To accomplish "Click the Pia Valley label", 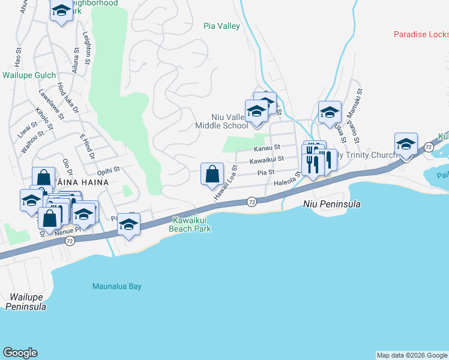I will click(x=221, y=26).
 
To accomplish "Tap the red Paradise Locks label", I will click(x=421, y=34).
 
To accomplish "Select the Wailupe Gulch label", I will click(x=29, y=76).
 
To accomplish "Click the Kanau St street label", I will click(x=267, y=148).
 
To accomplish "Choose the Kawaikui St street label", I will click(x=267, y=160).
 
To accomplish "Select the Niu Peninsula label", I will click(x=331, y=204).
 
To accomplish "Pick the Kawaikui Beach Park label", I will click(x=191, y=224).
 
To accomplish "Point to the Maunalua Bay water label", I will click(x=117, y=286).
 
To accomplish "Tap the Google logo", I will click(x=20, y=353).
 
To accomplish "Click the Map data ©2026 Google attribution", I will click(x=411, y=355).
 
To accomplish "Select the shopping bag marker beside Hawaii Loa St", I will click(x=212, y=175).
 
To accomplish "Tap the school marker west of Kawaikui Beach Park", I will click(x=128, y=225).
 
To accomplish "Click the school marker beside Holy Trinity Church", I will click(x=406, y=145).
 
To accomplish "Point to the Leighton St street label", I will click(x=87, y=48).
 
